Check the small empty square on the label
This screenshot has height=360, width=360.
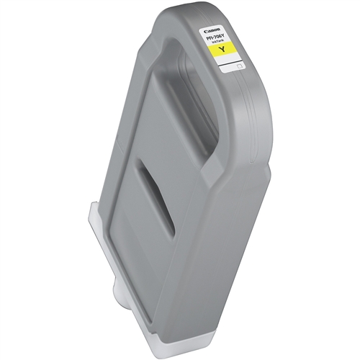click(x=242, y=66)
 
